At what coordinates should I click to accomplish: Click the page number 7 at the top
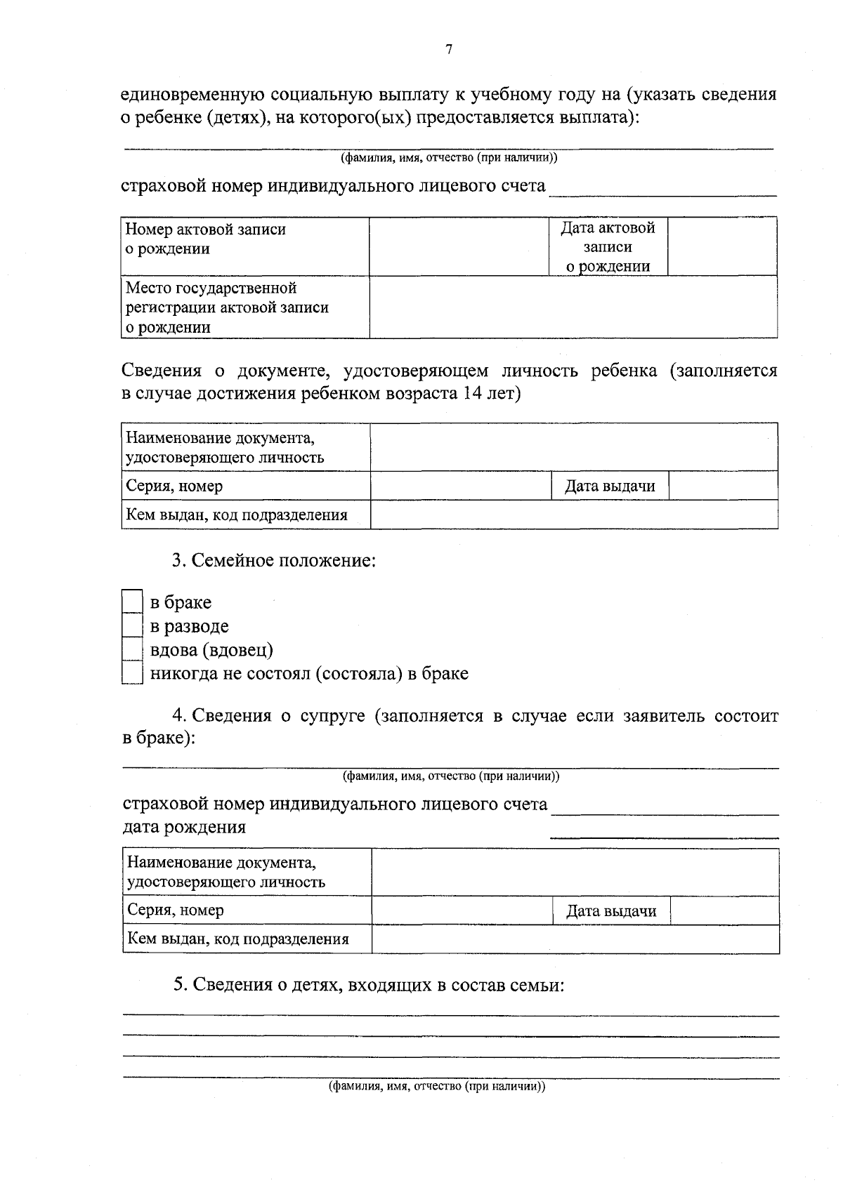coord(449,49)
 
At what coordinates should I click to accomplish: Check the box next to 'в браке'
coord(131,602)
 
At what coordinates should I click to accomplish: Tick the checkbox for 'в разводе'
coord(131,625)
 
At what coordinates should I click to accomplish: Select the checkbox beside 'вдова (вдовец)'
coord(131,649)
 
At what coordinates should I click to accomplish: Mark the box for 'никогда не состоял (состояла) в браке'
coord(131,673)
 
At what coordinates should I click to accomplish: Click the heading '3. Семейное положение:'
coord(274,561)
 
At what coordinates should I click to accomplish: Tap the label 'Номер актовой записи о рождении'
coord(206,239)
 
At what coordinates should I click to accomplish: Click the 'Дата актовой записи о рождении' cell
coord(608,246)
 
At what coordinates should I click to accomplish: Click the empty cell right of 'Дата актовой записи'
coord(721,246)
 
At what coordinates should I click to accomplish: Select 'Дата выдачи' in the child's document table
coord(610,486)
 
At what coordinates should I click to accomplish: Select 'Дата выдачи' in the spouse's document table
coord(611,911)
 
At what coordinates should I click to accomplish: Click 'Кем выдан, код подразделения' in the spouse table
coord(237,939)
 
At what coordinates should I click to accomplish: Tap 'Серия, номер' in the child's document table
coord(174,486)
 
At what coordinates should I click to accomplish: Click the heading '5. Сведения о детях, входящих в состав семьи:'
coord(370,985)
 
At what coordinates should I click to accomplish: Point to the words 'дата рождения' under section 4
coord(184,827)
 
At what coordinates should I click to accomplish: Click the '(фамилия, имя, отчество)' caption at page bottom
coord(437,1086)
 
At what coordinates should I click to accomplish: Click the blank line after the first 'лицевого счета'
coord(662,188)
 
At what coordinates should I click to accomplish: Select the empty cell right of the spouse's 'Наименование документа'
coord(575,872)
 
